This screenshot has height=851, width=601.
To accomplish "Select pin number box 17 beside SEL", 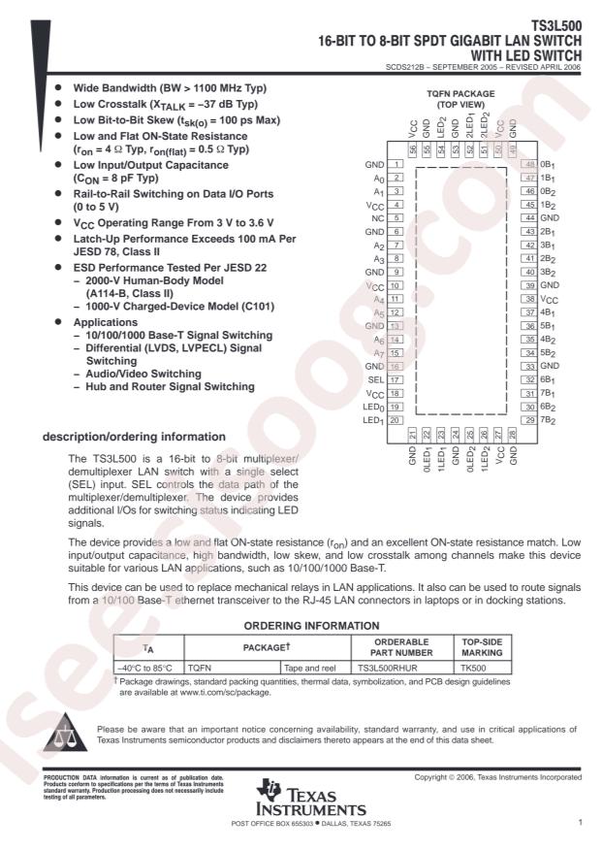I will tap(395, 380).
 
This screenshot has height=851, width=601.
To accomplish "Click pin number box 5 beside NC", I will tap(395, 219).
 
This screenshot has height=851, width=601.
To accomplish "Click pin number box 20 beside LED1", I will tap(395, 420).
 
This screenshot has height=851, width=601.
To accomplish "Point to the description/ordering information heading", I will tap(125, 438).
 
